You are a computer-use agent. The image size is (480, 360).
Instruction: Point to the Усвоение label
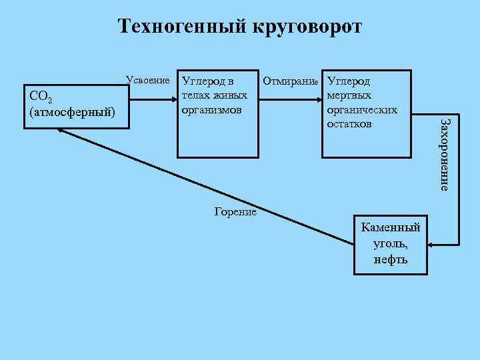149,81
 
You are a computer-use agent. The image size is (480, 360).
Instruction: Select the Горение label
236,211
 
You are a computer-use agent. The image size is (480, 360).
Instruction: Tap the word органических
363,109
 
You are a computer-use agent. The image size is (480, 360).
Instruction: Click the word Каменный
391,227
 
